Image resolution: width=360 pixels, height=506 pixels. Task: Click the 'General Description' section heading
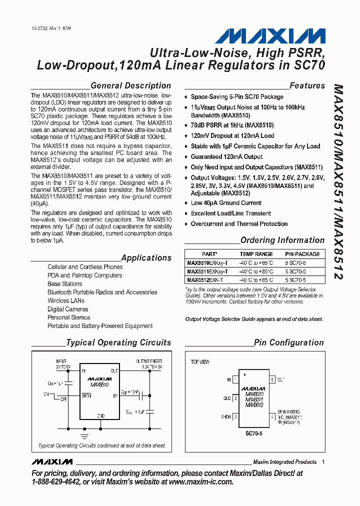[x=130, y=85]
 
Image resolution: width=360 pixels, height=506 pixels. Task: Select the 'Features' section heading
[x=307, y=85]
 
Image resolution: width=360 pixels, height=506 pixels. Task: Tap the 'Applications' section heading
[x=146, y=258]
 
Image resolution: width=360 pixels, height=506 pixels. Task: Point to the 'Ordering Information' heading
[x=282, y=240]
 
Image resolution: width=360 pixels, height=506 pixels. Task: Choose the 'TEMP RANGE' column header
[x=256, y=254]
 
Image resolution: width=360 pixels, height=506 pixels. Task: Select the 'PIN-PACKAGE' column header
[x=302, y=254]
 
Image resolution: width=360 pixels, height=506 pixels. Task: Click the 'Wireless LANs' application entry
[x=66, y=300]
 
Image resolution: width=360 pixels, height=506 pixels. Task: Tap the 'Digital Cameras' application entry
[x=68, y=309]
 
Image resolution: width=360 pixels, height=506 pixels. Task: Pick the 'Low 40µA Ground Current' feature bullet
[x=226, y=203]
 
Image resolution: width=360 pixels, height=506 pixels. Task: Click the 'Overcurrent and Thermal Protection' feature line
[x=239, y=224]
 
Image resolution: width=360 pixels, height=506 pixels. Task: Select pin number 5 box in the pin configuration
[x=272, y=379]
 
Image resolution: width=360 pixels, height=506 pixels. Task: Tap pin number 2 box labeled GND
[x=235, y=398]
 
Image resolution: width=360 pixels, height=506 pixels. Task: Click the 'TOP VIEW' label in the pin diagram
[x=200, y=361]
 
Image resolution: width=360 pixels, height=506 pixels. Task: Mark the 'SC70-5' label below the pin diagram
[x=254, y=434]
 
